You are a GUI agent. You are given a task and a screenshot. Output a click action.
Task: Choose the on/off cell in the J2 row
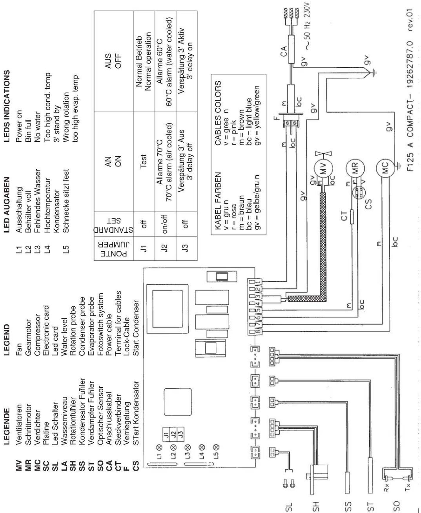[165, 224]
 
